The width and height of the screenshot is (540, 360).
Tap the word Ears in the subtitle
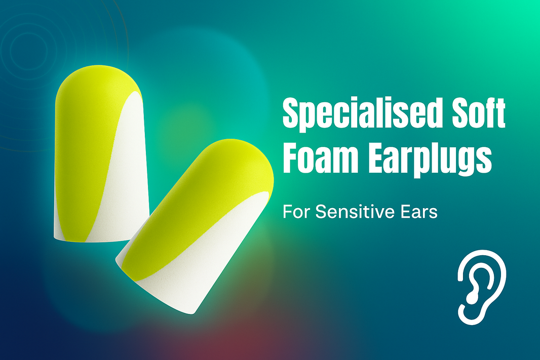(x=420, y=212)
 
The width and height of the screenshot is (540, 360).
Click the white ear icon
(x=481, y=286)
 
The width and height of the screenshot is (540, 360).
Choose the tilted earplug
(x=195, y=228)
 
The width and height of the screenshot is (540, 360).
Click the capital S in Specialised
(x=291, y=115)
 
